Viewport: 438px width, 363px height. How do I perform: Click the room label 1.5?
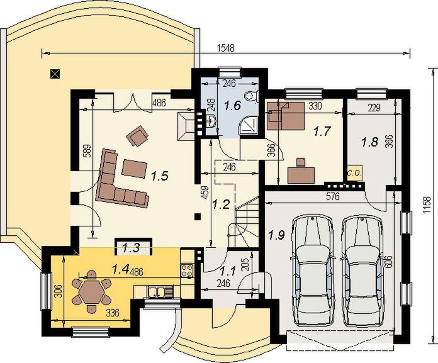tap(159, 176)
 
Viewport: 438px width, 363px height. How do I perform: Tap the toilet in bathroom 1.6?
tap(250, 96)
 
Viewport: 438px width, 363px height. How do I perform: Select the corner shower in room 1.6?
tap(249, 125)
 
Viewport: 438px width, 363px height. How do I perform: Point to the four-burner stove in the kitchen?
tap(187, 271)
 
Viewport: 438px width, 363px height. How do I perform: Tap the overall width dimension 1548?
tap(226, 48)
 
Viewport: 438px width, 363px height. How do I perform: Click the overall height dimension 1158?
tap(427, 206)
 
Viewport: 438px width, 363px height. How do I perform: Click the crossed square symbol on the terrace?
tap(55, 74)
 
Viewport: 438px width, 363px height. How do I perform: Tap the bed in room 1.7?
tap(286, 116)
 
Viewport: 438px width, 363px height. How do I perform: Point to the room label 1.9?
tap(276, 235)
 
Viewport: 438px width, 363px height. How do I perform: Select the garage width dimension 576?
tap(333, 197)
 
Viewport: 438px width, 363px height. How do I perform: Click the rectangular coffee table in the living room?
tap(135, 169)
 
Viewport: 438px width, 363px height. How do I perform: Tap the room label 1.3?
tap(132, 247)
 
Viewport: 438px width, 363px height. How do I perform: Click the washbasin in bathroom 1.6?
tap(211, 121)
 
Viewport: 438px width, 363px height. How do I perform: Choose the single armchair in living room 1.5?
tap(137, 136)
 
